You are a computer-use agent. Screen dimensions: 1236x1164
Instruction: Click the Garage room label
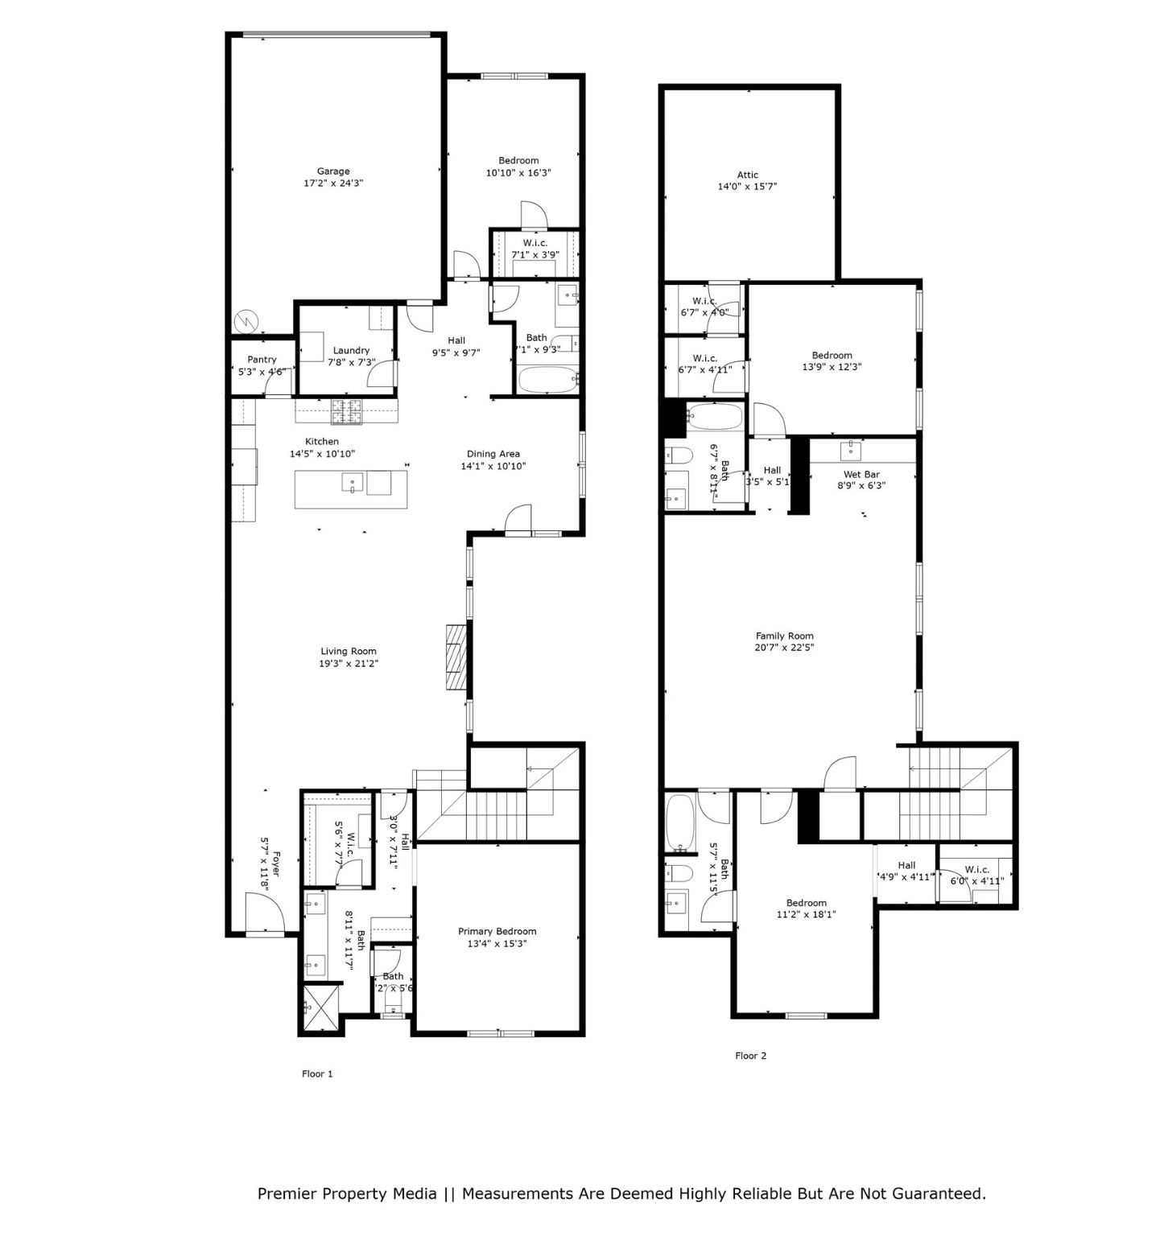click(332, 171)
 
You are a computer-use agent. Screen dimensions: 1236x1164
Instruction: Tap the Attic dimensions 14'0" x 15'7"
click(747, 187)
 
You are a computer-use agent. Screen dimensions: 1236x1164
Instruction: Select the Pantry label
click(262, 360)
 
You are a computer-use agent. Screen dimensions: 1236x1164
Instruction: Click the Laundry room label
click(351, 351)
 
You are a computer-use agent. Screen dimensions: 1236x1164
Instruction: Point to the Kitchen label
click(321, 442)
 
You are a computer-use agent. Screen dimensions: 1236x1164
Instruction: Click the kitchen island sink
click(353, 483)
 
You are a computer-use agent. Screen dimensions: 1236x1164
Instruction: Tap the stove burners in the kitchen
click(347, 412)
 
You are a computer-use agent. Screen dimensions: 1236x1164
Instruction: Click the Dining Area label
click(493, 454)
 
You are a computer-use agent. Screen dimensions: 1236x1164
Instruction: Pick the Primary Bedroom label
click(497, 932)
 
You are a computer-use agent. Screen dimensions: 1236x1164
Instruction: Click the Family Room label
click(784, 636)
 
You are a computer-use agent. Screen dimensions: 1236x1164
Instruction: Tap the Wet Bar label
click(861, 475)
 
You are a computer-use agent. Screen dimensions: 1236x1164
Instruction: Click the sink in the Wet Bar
click(851, 447)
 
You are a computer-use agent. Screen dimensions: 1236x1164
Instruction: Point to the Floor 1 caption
click(317, 1074)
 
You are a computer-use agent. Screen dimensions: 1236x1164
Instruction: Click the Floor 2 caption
click(750, 1056)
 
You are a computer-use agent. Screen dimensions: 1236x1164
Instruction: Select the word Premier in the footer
click(287, 1193)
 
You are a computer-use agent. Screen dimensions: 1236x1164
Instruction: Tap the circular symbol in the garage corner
click(245, 322)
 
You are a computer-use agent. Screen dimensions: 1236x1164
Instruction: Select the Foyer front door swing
click(266, 915)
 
